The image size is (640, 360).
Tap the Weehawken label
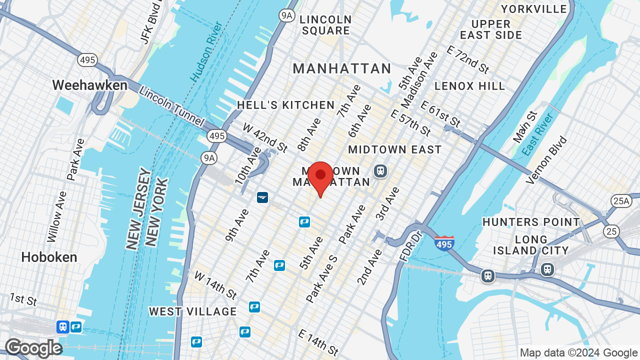tap(90, 85)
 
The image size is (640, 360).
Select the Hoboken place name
tap(49, 257)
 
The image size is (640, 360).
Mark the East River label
tap(537, 134)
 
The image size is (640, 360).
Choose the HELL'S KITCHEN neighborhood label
tap(285, 105)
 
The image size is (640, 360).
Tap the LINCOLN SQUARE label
tap(325, 25)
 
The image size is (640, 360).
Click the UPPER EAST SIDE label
tap(491, 29)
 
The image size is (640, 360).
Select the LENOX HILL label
tap(469, 86)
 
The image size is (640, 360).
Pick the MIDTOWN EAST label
tap(395, 149)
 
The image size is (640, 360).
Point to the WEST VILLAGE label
tap(193, 311)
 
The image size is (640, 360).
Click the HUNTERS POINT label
tap(531, 222)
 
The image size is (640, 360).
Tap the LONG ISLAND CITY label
tap(531, 245)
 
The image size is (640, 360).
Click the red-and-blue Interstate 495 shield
tap(444, 243)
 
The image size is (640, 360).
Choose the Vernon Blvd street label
tap(546, 159)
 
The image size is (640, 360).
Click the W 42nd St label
tap(265, 137)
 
